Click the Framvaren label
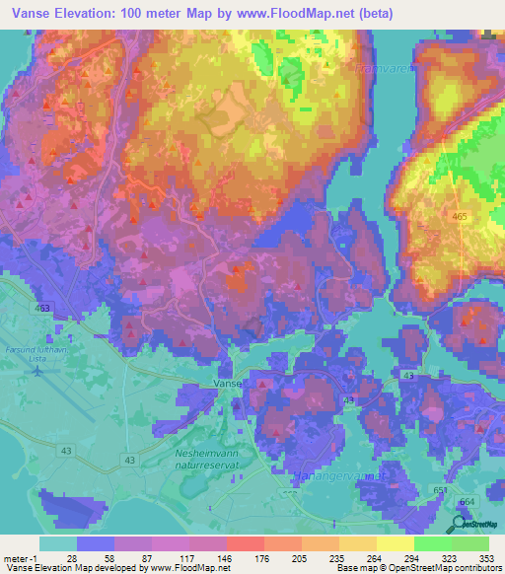(386, 69)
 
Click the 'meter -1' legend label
(20, 558)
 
